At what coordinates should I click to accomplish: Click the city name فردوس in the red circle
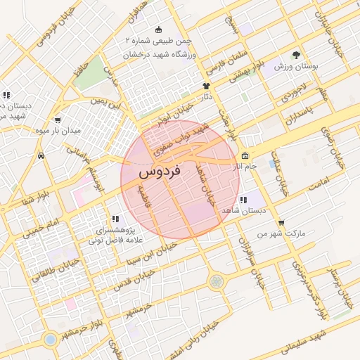[160, 171]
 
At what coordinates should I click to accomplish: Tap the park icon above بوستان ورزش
[296, 54]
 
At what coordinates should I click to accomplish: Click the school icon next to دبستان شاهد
[243, 200]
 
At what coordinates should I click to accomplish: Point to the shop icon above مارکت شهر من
[281, 223]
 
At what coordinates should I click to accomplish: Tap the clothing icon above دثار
[206, 86]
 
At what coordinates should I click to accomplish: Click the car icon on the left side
[41, 155]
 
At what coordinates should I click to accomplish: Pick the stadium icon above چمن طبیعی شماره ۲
[159, 30]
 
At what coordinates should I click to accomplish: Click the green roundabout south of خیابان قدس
[216, 282]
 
